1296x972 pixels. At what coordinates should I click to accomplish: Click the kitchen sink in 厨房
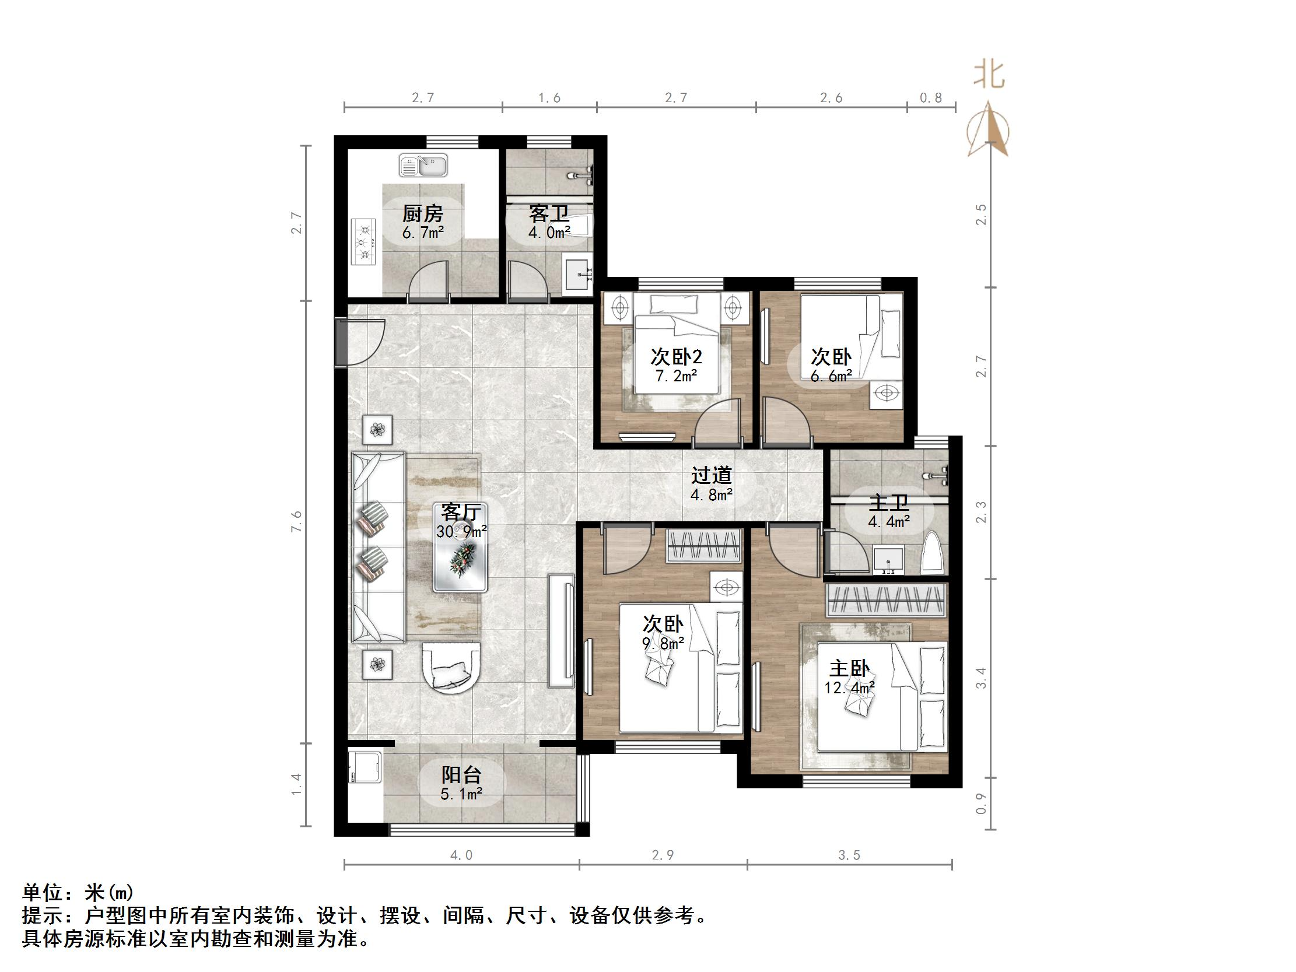[x=422, y=165]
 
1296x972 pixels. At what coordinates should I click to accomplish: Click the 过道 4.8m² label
[x=711, y=485]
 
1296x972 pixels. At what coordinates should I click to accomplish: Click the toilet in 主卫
[x=932, y=554]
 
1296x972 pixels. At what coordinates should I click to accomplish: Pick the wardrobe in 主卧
[x=886, y=601]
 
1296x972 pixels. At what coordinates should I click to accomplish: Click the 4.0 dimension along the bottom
[x=461, y=855]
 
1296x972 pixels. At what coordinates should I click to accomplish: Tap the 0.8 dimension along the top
[x=930, y=98]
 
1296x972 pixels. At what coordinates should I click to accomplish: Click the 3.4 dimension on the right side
[x=982, y=679]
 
